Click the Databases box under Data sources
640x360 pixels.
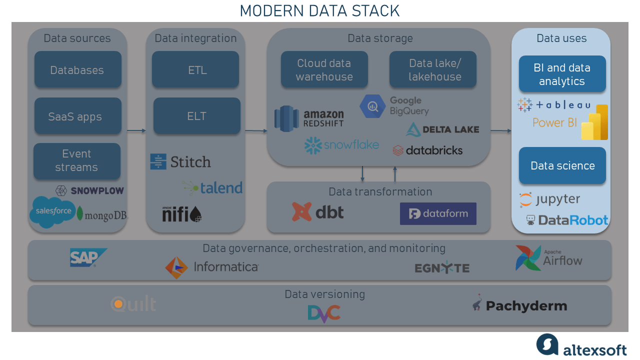[x=77, y=70]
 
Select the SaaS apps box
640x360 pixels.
[x=77, y=116]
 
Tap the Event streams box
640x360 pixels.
[x=77, y=161]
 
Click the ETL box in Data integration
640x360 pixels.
[x=197, y=70]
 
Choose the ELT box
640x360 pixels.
[x=197, y=116]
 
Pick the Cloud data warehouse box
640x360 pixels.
[x=324, y=70]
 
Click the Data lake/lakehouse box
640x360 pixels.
[x=433, y=70]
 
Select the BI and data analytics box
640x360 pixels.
[x=562, y=74]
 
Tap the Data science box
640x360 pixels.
[x=562, y=165]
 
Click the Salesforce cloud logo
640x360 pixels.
[x=53, y=211]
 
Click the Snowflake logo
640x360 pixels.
[x=341, y=145]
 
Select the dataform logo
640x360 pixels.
[x=438, y=214]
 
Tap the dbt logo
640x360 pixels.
[x=318, y=212]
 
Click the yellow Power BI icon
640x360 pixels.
[x=595, y=122]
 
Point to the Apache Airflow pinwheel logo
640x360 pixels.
[x=528, y=258]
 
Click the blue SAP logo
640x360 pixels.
[x=88, y=257]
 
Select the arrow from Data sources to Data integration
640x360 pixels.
[x=136, y=131]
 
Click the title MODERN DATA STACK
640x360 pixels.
[x=320, y=10]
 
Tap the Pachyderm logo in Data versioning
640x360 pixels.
[x=519, y=305]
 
